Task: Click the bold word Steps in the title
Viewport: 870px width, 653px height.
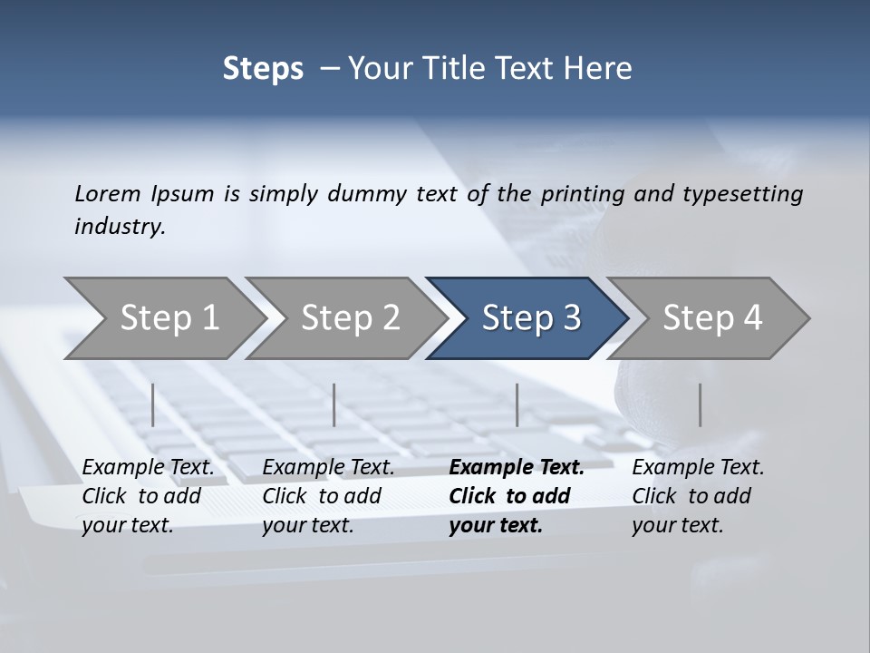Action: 263,69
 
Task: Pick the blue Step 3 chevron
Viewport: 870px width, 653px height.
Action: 531,317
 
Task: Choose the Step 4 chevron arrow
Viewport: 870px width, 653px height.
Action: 712,317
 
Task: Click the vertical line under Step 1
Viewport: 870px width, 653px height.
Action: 153,404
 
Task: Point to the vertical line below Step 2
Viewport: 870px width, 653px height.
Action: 334,404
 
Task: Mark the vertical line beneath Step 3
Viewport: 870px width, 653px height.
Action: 517,404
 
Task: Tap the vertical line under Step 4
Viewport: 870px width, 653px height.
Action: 700,404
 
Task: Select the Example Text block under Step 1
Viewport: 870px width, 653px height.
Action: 148,496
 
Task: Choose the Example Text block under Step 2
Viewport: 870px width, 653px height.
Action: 328,496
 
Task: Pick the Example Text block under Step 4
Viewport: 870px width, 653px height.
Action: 698,496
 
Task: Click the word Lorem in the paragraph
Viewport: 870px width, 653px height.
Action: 108,193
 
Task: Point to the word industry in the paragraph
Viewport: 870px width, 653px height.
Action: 119,226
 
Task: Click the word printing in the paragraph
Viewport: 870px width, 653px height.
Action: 585,193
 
